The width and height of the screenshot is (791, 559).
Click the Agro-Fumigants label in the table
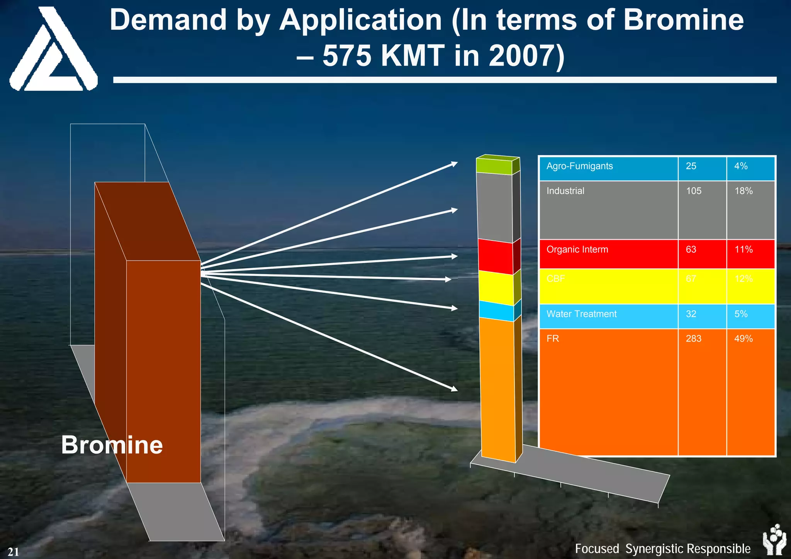579,166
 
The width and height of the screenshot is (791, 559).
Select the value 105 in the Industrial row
694,191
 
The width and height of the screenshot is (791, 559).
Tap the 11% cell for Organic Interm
743,250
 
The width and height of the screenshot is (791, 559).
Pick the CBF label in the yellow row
555,279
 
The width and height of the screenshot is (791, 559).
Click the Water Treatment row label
581,314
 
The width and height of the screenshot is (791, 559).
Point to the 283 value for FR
694,339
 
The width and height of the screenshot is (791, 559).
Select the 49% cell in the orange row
743,339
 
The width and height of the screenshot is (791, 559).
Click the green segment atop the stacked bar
494,166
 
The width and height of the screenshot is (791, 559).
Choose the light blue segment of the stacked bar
496,311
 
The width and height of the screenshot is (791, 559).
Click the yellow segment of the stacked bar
496,287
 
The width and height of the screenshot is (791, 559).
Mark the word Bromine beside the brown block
112,445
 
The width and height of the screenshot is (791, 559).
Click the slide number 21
13,552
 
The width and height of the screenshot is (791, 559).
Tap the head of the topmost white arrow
454,164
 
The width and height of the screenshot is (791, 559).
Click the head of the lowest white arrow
454,389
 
